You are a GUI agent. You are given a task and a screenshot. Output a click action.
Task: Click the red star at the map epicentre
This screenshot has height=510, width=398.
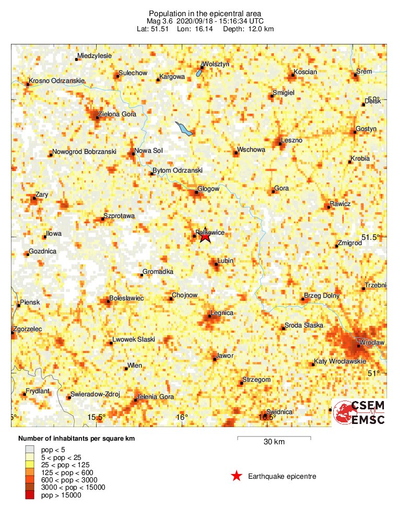point(205,236)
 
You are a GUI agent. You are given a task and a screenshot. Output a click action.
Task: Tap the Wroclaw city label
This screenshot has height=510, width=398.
point(373,343)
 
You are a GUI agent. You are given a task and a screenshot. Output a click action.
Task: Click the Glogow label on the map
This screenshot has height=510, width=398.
point(208,189)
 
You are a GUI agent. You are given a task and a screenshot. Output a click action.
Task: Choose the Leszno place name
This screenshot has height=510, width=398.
point(291,140)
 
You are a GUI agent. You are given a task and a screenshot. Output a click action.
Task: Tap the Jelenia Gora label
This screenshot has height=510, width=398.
point(155,397)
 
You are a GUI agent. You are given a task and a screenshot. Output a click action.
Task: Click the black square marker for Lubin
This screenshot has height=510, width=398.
point(216,264)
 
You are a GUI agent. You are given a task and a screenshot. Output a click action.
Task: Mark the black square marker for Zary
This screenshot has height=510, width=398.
point(34,198)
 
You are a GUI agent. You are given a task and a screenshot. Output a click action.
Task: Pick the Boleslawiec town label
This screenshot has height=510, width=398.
point(127,298)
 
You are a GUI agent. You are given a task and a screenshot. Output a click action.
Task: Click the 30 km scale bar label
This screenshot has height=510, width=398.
point(274,442)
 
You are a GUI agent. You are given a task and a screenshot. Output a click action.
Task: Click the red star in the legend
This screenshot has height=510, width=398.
point(237,476)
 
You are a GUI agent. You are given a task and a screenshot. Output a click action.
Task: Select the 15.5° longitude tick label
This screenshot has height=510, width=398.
point(97,417)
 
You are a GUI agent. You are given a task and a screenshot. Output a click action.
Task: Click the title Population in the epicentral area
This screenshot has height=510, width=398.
point(205,13)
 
